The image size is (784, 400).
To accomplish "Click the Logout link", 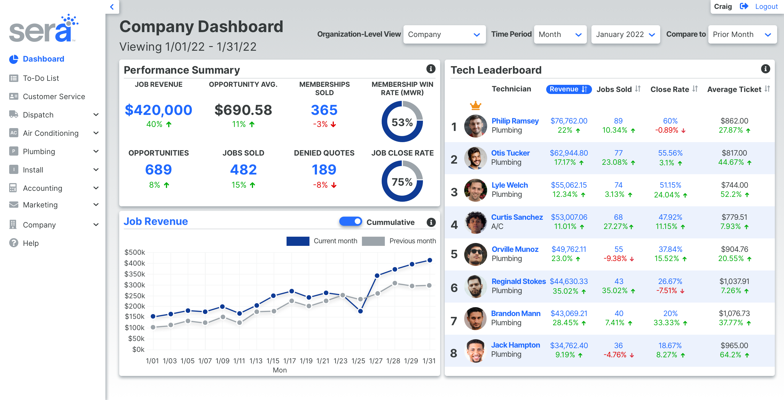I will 766,6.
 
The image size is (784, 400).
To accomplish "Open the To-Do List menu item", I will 41,78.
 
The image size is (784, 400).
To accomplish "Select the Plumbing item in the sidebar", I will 39,152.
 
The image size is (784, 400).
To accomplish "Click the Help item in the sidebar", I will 31,243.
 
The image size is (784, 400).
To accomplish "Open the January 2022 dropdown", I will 625,34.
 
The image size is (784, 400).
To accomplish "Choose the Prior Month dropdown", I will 742,34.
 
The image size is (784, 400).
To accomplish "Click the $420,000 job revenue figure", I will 158,110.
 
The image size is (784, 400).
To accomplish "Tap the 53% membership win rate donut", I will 402,122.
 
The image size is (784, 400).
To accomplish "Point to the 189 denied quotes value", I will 324,170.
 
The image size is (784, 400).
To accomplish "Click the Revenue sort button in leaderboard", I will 568,89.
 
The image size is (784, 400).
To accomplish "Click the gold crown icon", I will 475,106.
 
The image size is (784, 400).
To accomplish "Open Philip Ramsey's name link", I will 515,121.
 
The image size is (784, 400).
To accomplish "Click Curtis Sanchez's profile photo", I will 475,222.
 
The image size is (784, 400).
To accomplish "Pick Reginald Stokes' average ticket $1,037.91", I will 734,281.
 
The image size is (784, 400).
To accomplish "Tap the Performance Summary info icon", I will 431,69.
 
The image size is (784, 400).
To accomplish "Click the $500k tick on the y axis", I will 134,252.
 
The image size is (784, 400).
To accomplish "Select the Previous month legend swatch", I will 373,241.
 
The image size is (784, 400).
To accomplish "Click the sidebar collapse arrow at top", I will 112,7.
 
